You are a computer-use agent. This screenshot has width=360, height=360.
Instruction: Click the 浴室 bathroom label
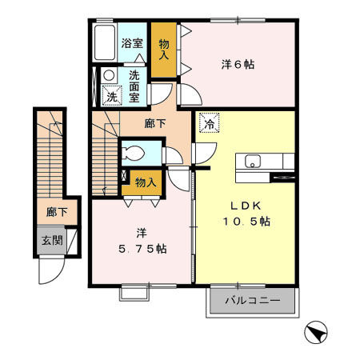(131, 44)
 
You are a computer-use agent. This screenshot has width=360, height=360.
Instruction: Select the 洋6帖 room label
(237, 64)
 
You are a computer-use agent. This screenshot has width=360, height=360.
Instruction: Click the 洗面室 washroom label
(138, 85)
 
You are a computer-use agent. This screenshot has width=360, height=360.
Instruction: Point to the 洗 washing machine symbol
(111, 97)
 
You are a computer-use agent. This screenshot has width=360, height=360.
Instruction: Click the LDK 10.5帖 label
(246, 212)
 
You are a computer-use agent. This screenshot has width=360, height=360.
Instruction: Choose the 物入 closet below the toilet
(146, 182)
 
